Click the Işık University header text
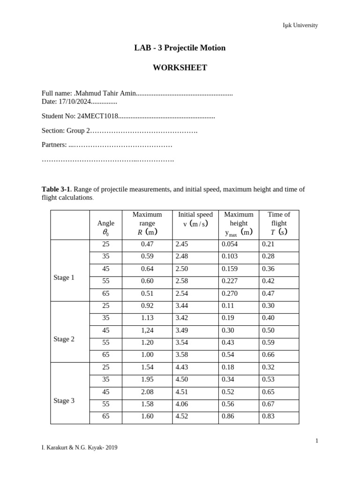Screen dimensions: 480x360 [297, 25]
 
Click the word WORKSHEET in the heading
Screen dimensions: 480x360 [180, 68]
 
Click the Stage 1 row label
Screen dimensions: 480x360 [64, 277]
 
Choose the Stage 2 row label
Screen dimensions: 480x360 [64, 339]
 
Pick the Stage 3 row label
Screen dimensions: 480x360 [64, 401]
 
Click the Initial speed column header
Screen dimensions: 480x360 [195, 219]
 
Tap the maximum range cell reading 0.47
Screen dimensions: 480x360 [147, 244]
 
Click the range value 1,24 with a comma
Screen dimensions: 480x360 [147, 330]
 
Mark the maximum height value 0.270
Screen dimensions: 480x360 [230, 293]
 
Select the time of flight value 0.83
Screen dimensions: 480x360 [269, 416]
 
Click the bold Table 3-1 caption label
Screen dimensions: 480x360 [56, 189]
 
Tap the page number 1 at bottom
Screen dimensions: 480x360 [317, 441]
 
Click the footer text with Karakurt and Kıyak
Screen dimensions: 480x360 [80, 448]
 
